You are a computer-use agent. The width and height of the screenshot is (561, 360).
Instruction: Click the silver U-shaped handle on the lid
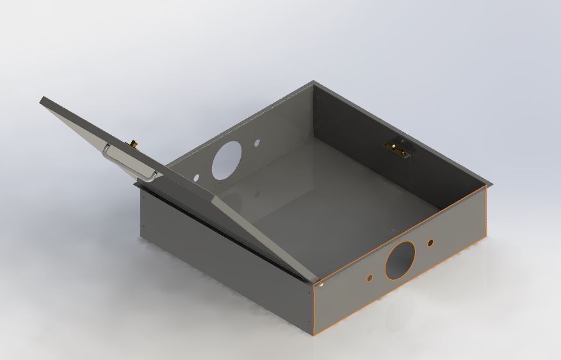coord(128,163)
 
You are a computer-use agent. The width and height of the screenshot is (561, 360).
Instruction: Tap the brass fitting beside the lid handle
coord(134,143)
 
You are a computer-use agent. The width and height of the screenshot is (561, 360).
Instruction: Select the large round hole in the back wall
coord(227,159)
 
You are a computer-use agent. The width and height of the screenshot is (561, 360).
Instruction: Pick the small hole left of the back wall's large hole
coord(197,176)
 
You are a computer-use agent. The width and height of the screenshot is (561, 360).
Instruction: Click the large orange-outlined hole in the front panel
coord(400,260)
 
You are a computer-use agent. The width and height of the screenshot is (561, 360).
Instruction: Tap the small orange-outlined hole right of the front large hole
coord(430,243)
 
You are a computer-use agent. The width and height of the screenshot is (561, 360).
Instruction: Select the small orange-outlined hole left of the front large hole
coord(370,278)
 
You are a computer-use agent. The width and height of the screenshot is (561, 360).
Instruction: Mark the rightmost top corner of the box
coord(491,185)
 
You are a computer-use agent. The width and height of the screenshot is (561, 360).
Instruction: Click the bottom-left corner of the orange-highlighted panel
coord(315,334)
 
